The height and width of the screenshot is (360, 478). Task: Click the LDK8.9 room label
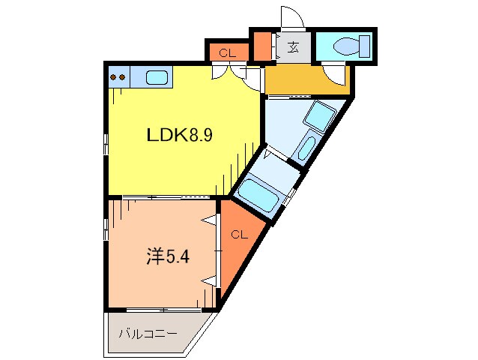coord(180,136)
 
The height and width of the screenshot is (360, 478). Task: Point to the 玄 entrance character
coord(294,47)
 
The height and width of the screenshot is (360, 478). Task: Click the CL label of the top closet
coord(228,52)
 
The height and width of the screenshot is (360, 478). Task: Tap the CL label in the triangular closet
coord(238,235)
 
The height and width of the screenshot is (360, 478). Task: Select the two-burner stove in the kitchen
coord(118,76)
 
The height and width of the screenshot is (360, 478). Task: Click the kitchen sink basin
coord(157,76)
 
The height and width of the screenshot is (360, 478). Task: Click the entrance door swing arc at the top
coord(290,18)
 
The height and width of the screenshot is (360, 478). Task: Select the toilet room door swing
coord(334,73)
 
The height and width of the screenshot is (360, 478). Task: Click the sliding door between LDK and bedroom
coord(161,196)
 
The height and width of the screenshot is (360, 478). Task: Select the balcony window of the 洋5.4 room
coord(162,309)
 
